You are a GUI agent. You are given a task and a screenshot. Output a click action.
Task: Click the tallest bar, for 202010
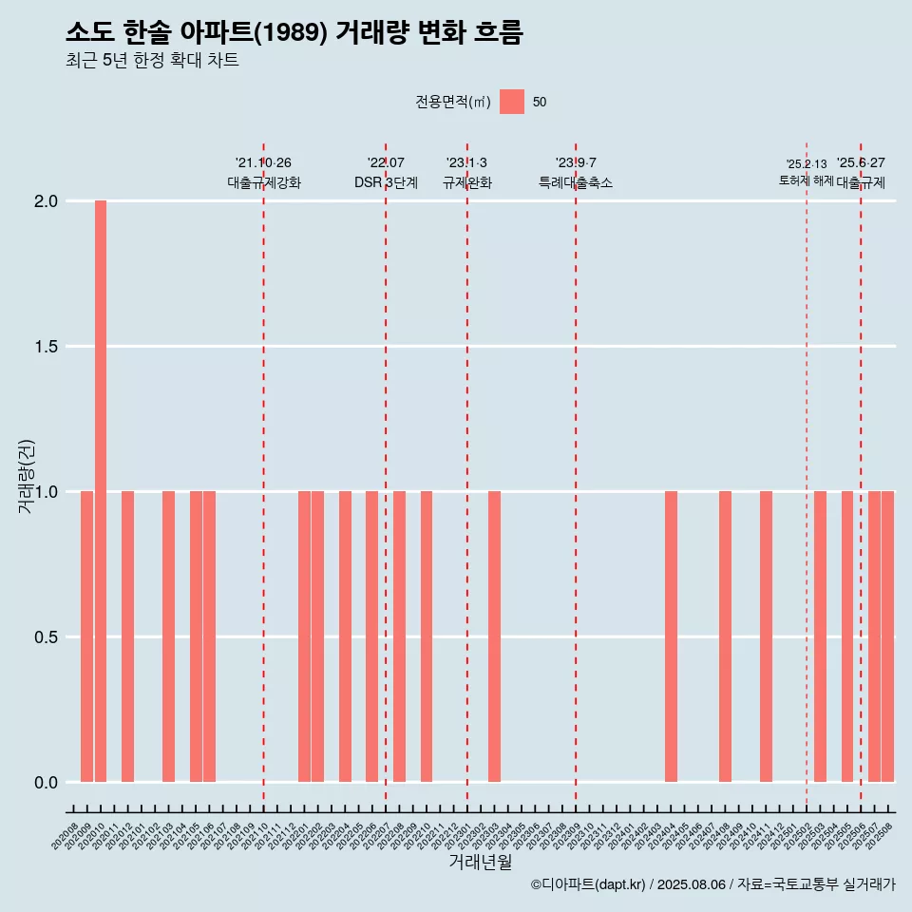[x=101, y=491]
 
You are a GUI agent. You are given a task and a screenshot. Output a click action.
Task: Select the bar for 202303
[x=494, y=636]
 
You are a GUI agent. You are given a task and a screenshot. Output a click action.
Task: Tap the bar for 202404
[x=671, y=636]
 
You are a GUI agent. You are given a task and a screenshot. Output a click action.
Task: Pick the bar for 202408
[x=725, y=636]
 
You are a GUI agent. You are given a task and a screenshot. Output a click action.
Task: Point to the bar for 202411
[x=766, y=636]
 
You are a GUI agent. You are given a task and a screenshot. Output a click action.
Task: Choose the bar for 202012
[x=127, y=636]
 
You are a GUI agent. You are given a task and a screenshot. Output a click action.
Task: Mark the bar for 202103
[x=168, y=636]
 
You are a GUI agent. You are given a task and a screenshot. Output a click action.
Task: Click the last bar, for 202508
[x=887, y=636]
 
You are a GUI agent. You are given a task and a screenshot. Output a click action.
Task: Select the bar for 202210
[x=427, y=636]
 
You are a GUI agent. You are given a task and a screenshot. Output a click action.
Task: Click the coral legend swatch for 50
[x=512, y=102]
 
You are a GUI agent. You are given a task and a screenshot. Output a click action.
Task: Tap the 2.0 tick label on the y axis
[x=47, y=201]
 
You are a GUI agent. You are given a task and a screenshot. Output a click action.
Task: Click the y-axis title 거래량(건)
[x=26, y=475]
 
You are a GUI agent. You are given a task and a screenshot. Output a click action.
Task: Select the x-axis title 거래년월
[x=480, y=862]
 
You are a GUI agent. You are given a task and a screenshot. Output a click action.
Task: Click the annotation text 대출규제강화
[x=264, y=182]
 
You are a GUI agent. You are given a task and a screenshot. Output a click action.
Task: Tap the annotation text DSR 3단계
[x=386, y=182]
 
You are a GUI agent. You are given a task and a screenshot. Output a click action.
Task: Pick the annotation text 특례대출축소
[x=576, y=182]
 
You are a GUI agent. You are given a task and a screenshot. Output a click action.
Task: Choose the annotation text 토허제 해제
[x=806, y=180]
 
